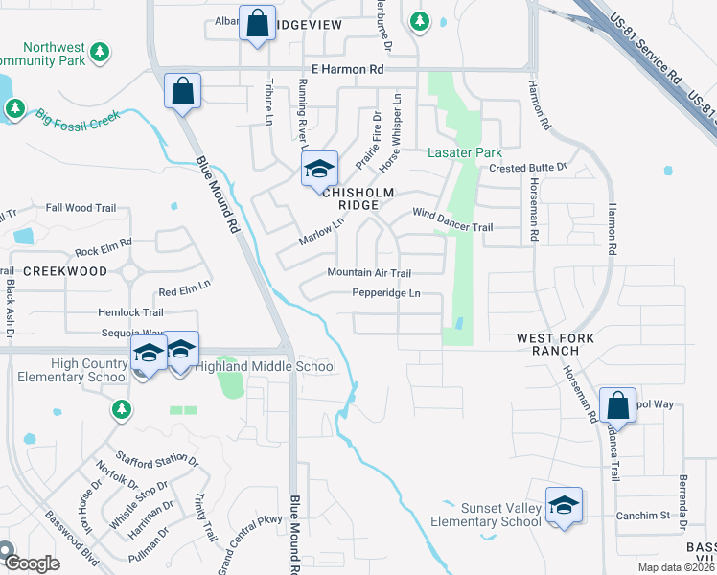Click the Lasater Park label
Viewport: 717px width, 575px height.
465,152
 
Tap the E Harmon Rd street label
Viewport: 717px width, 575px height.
347,70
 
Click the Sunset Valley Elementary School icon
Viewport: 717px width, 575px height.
565,507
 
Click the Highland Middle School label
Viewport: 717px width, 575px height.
266,366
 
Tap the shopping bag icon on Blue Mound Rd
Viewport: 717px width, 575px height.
182,93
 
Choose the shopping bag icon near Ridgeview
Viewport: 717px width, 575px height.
258,26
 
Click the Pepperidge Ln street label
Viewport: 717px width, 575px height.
386,293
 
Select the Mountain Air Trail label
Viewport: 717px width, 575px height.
369,273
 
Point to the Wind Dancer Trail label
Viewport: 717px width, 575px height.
452,220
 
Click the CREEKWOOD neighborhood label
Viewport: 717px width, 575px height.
65,272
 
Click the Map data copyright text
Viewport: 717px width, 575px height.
676,567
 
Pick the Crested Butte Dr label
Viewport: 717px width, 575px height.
528,168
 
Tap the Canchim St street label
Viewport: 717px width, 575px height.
643,516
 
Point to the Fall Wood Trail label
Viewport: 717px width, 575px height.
81,207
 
